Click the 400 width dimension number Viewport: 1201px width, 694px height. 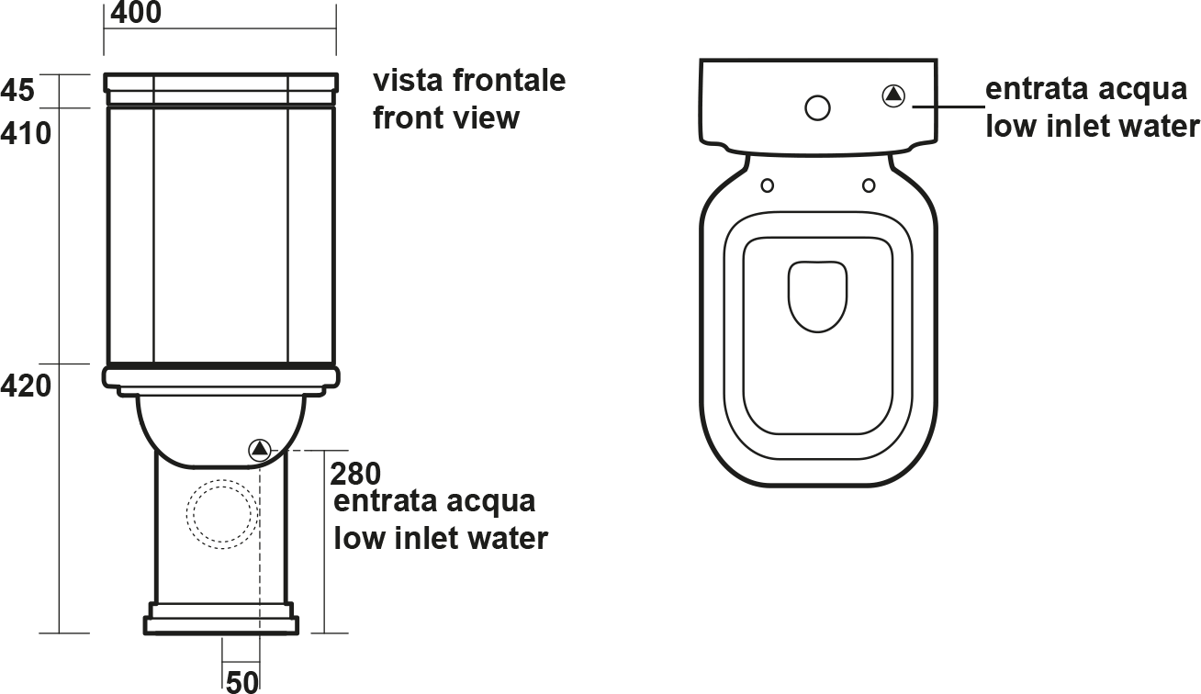[x=136, y=12]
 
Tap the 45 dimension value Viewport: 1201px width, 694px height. [x=17, y=89]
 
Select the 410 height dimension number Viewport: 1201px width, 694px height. [x=26, y=133]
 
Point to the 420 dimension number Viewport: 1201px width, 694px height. [x=26, y=386]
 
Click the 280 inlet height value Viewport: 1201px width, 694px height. [x=355, y=474]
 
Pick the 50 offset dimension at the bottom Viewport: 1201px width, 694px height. [x=242, y=682]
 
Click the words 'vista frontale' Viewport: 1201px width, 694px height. [x=469, y=81]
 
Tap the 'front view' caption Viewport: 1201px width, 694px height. [x=446, y=118]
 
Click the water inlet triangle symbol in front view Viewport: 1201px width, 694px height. [x=260, y=449]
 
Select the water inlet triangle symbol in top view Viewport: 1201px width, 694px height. [x=893, y=95]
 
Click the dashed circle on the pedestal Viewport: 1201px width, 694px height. [x=222, y=514]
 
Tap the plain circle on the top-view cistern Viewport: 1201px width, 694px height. [x=817, y=107]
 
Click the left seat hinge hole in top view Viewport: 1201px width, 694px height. [x=768, y=185]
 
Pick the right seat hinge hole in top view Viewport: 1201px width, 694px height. [x=869, y=185]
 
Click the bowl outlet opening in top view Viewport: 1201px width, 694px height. [x=817, y=297]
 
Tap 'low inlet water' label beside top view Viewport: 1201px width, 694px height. [x=1092, y=127]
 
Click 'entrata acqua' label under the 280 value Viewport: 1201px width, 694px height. [x=434, y=501]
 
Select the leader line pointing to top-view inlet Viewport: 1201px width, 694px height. [x=949, y=106]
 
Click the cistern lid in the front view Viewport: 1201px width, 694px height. [x=221, y=89]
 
